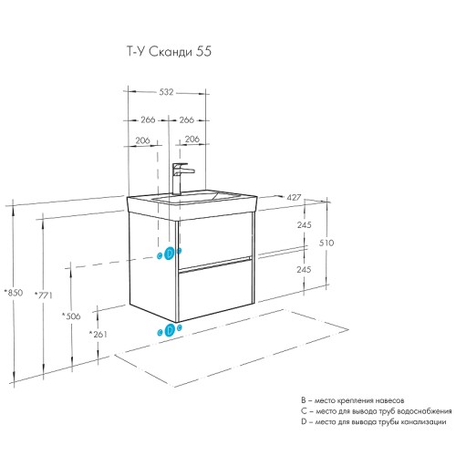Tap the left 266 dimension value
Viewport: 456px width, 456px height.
(x=147, y=119)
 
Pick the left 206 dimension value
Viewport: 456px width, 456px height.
(x=142, y=140)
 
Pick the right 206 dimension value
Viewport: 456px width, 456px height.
(x=192, y=140)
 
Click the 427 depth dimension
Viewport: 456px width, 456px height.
(x=294, y=197)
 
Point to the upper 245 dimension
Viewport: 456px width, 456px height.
(x=306, y=225)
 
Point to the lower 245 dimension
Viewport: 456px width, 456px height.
(x=306, y=270)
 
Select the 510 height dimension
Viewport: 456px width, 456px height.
(x=327, y=244)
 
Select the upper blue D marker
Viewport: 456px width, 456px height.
(x=169, y=254)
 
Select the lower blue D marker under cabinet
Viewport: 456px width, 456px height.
(x=169, y=330)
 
